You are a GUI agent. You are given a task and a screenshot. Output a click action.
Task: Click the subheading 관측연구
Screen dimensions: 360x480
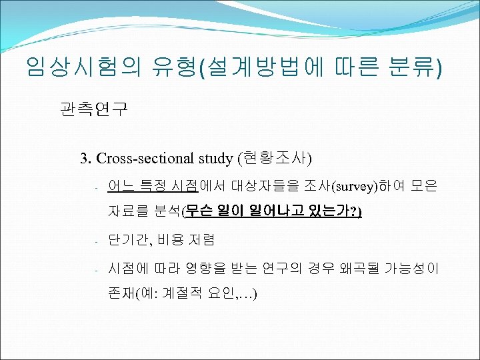coord(93,109)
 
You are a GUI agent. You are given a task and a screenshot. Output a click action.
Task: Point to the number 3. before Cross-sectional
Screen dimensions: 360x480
coord(86,159)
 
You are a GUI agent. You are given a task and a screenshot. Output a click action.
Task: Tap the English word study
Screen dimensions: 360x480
coord(214,159)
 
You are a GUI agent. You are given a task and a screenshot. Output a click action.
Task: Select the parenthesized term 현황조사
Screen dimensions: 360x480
coord(274,159)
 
